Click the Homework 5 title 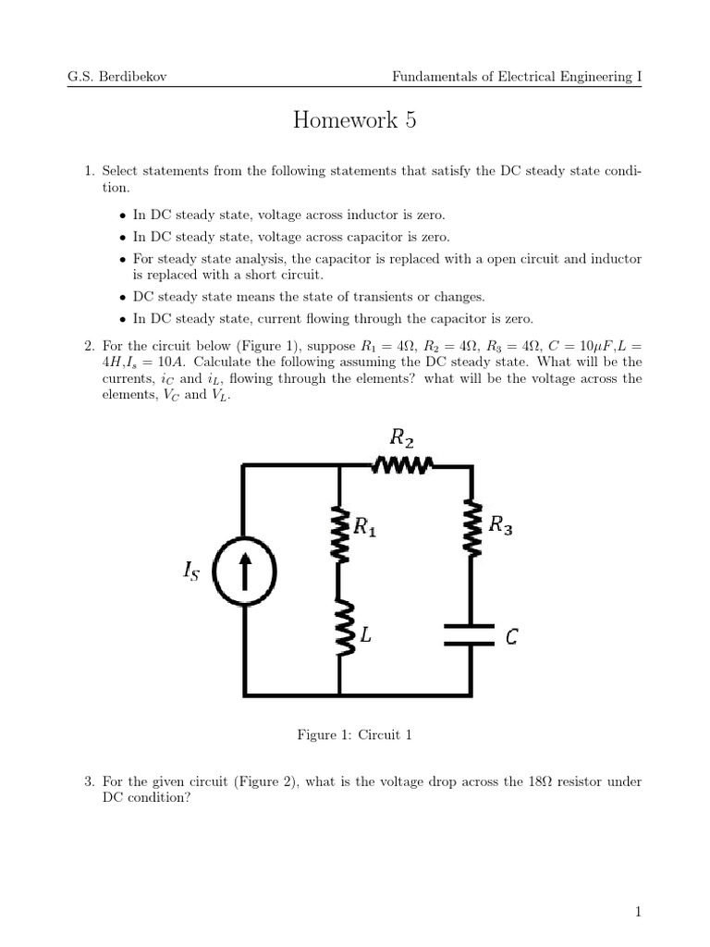tap(355, 121)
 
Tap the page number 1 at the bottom tap(638, 913)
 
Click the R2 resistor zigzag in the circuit tap(403, 465)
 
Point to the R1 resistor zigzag tap(340, 535)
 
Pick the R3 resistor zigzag tap(472, 529)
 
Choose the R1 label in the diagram tap(366, 528)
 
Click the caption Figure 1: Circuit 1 tap(354, 734)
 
